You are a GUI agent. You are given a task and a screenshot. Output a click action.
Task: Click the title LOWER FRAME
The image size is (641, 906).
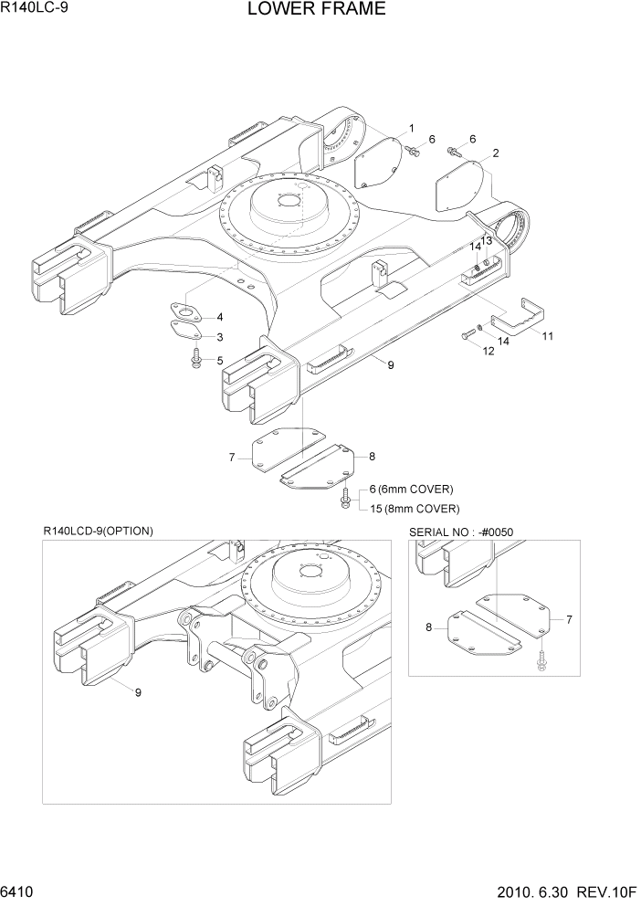click(x=302, y=10)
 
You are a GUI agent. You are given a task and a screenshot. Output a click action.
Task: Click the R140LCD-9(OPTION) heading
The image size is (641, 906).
click(x=98, y=531)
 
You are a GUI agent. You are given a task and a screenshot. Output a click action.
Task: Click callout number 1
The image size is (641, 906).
click(x=411, y=128)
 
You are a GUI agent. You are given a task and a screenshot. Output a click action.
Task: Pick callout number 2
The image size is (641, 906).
click(x=494, y=153)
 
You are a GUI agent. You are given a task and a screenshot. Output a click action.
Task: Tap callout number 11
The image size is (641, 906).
click(x=547, y=336)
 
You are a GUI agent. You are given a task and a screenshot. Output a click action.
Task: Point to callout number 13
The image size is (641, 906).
click(x=486, y=240)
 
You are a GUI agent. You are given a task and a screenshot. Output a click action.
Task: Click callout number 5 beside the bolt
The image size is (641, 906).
click(x=220, y=361)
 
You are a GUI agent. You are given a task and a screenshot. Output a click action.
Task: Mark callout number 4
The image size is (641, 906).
click(x=219, y=317)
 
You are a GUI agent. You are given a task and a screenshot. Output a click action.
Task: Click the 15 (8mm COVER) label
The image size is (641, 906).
click(x=415, y=509)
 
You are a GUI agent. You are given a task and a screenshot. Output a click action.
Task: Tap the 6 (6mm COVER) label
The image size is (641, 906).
click(x=411, y=489)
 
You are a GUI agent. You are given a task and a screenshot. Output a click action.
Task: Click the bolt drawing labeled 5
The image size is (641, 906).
click(x=196, y=360)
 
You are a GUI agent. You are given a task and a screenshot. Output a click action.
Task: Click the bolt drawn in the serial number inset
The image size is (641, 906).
click(x=541, y=660)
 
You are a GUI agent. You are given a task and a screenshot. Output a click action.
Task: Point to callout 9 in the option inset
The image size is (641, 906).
click(x=138, y=692)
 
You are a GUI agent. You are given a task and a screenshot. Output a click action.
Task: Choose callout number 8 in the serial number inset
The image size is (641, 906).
click(x=428, y=627)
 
